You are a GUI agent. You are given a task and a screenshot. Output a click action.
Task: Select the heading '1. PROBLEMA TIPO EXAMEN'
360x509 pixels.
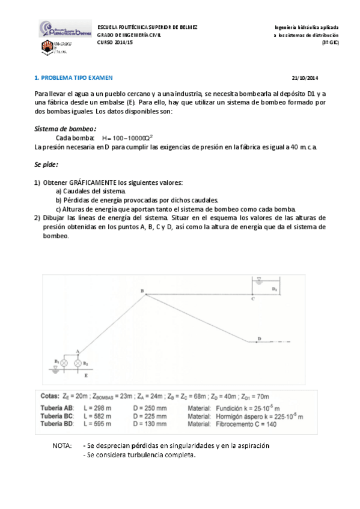pyautogui.click(x=73, y=78)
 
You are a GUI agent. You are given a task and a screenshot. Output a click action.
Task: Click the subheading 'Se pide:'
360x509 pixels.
pyautogui.click(x=46, y=164)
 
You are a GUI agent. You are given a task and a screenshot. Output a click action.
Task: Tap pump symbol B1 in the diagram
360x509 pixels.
pyautogui.click(x=64, y=363)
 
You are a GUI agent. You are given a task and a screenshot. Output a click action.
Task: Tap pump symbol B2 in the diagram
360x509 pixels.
pyautogui.click(x=78, y=363)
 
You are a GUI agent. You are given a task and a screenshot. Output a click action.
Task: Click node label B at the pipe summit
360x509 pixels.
pyautogui.click(x=142, y=291)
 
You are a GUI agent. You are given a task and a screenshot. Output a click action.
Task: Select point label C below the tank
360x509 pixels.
pyautogui.click(x=252, y=298)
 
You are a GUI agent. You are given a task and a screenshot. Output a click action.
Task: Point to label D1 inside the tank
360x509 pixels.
pyautogui.click(x=274, y=289)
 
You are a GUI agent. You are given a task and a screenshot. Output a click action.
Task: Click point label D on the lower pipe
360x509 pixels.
pyautogui.click(x=259, y=339)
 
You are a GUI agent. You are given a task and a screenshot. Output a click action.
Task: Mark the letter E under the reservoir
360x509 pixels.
pyautogui.click(x=87, y=375)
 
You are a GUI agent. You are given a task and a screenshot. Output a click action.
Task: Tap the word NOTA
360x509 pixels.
pyautogui.click(x=63, y=446)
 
